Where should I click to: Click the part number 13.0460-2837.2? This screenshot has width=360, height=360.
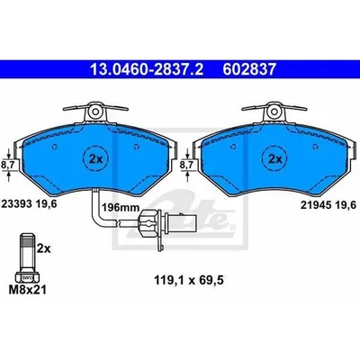click(x=147, y=69)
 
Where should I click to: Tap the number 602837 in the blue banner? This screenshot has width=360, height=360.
click(x=248, y=69)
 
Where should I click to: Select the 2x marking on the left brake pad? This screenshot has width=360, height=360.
click(x=96, y=159)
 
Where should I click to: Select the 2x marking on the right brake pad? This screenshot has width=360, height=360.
click(x=274, y=159)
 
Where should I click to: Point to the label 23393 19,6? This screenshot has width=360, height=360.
click(x=30, y=204)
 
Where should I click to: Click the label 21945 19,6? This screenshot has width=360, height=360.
click(x=328, y=205)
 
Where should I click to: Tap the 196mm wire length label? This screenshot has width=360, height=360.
click(x=121, y=207)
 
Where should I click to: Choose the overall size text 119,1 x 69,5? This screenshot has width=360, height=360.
click(x=189, y=281)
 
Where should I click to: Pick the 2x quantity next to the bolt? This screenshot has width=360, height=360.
click(x=44, y=248)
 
